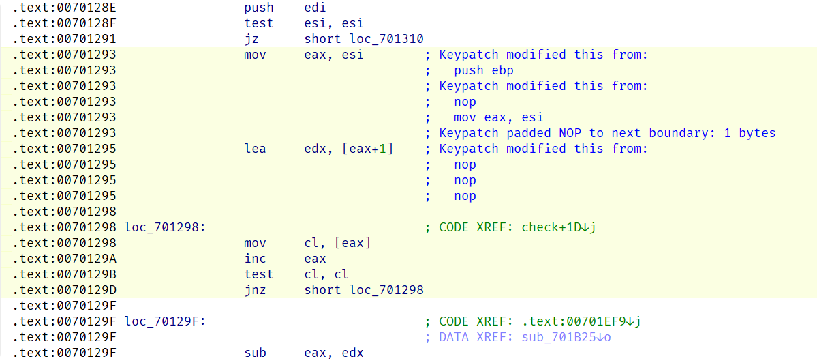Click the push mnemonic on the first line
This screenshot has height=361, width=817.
coord(259,8)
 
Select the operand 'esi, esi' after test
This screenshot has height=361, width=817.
coord(334,23)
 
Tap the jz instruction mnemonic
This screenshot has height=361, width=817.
coord(251,39)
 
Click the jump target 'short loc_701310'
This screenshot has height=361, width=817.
coord(364,39)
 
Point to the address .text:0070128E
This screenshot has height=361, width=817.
coord(64,8)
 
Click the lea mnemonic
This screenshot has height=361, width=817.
coord(255,149)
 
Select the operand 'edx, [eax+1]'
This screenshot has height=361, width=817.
coord(349,149)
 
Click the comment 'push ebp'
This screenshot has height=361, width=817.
coord(484,70)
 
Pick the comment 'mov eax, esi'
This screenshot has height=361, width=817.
coord(499,117)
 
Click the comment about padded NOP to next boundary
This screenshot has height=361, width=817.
coord(607,133)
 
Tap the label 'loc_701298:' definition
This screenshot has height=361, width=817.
coord(166,227)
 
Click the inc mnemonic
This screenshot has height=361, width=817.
coord(255,259)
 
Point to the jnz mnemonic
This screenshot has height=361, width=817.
coord(255,290)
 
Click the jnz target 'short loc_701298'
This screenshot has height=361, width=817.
coord(364,290)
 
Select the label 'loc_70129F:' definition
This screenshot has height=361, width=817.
coord(166,321)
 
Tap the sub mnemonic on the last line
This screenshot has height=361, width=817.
coord(255,353)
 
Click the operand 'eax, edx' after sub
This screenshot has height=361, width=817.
coord(334,353)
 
